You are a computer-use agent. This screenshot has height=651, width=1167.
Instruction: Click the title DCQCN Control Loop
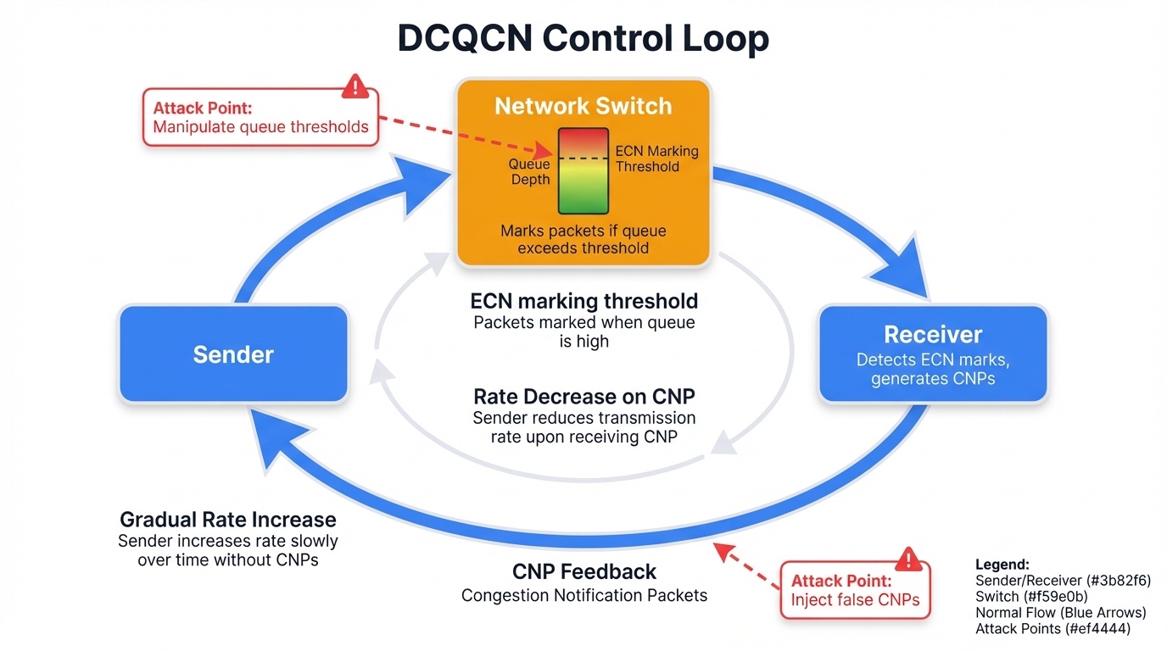pos(583,39)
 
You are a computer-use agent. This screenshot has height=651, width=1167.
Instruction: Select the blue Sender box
pos(233,353)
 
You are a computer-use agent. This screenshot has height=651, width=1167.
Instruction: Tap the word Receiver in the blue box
pos(933,334)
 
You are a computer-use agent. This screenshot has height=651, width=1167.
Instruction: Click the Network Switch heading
pos(583,106)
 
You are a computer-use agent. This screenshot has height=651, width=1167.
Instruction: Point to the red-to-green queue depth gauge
pos(583,170)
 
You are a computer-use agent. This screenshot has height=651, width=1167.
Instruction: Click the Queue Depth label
pos(529,171)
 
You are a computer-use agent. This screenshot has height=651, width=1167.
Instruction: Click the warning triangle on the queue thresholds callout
pos(355,86)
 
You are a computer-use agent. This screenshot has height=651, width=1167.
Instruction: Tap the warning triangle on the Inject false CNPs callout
pos(908,559)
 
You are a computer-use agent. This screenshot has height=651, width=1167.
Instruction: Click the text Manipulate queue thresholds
pos(260,128)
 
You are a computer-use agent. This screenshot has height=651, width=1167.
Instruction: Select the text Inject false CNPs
pos(855,600)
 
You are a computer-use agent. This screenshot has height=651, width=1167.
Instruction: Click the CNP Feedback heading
pos(583,572)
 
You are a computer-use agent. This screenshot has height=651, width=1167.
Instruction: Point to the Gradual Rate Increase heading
pos(228,520)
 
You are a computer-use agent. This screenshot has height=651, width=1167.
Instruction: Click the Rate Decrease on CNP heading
pos(583,397)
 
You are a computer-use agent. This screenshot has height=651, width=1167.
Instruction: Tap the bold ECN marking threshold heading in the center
pos(583,301)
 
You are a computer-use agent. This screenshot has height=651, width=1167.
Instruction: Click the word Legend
pos(1002,565)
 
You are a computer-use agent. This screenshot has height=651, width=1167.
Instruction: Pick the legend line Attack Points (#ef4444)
pos(1053,629)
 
